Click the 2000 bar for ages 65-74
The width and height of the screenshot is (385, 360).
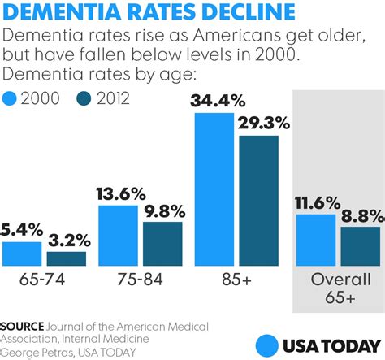pos(22,254)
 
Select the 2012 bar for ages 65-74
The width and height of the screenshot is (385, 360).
pos(67,259)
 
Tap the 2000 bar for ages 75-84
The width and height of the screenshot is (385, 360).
pos(118,236)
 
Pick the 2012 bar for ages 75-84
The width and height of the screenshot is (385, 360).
pos(162,245)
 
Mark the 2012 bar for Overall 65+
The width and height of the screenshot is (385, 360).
pos(360,246)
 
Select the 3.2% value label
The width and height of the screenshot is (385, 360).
pos(67,241)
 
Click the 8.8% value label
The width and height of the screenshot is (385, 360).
pos(359,217)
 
